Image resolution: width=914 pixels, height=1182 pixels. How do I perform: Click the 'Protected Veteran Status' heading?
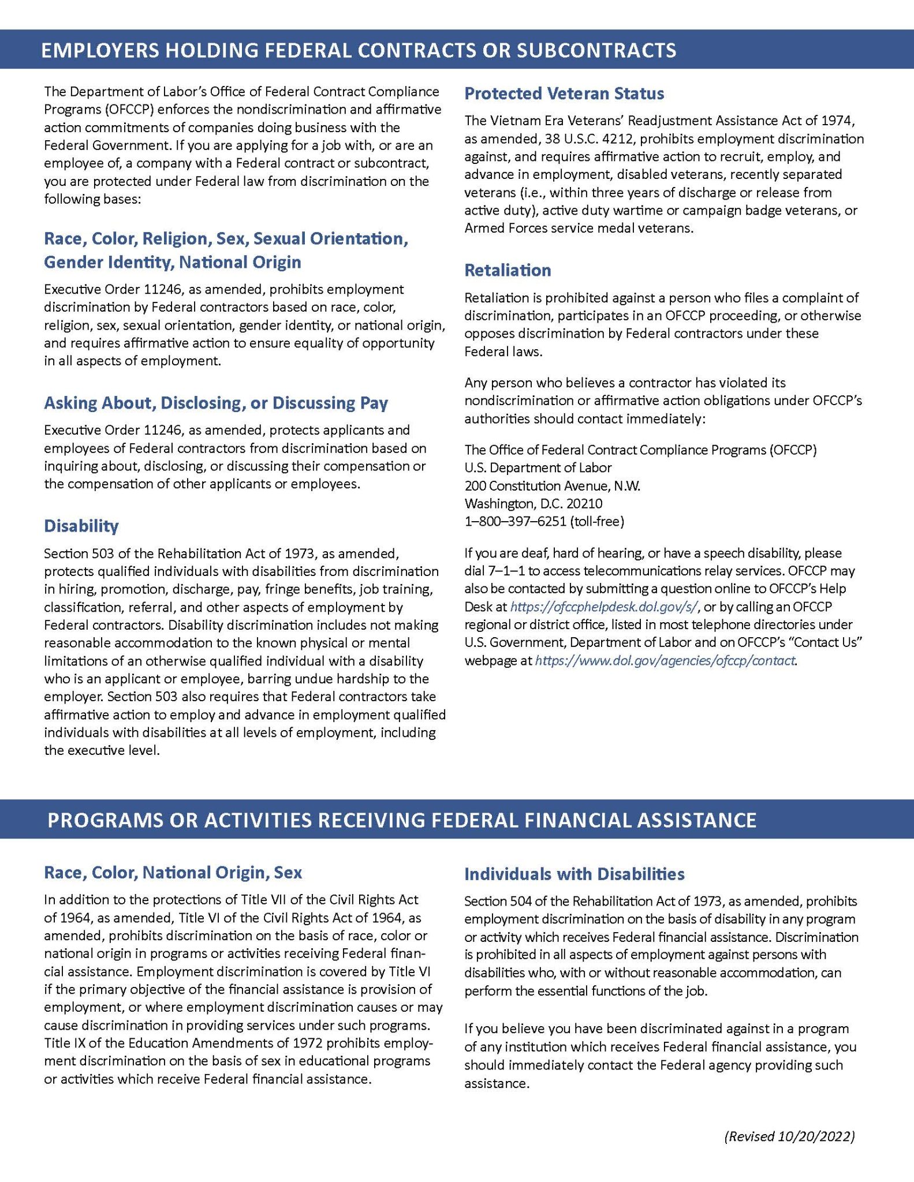tap(564, 93)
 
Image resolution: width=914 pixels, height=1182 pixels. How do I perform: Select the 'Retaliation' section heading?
tap(508, 270)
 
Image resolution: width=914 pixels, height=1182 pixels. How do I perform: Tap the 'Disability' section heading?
tap(81, 526)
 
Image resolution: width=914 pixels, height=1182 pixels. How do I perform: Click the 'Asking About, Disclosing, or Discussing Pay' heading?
tap(216, 403)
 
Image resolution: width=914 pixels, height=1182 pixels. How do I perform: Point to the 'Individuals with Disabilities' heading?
tap(574, 874)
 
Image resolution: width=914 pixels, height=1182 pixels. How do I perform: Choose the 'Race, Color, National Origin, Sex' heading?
tap(173, 872)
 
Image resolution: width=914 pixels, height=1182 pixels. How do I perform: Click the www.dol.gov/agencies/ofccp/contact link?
tap(665, 660)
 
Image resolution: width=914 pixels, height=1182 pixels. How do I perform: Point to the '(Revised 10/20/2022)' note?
tap(789, 1136)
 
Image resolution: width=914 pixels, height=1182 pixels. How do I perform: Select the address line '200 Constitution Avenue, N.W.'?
tap(552, 486)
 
